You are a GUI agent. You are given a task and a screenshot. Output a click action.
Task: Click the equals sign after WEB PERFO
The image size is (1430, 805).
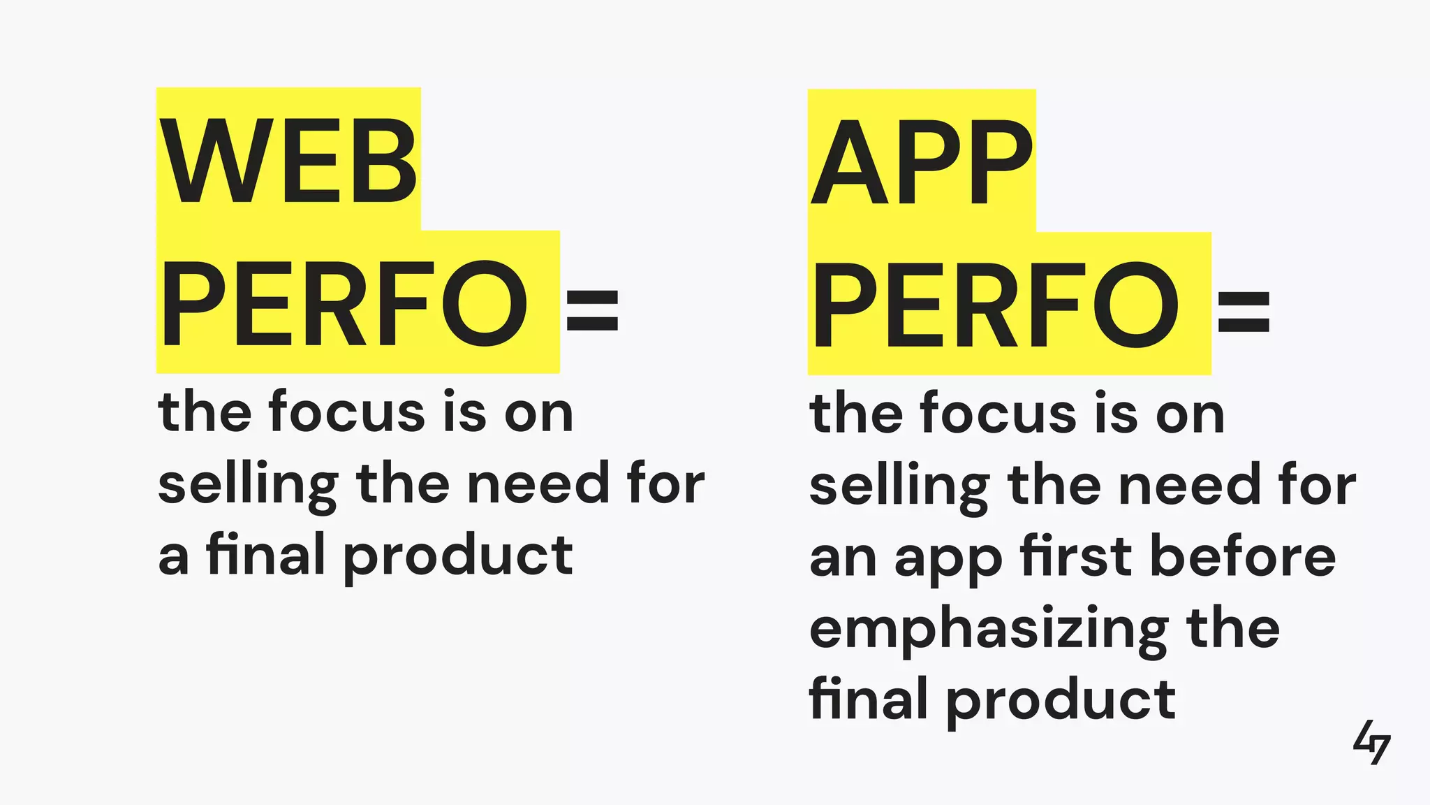point(592,311)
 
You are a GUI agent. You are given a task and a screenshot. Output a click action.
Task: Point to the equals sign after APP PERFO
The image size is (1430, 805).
point(1244,312)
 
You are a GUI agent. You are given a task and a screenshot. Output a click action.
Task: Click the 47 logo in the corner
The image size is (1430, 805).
point(1371,742)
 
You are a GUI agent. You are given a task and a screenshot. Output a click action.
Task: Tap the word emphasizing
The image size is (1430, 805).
point(989,630)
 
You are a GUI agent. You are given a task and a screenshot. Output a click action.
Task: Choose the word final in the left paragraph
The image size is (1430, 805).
point(266,554)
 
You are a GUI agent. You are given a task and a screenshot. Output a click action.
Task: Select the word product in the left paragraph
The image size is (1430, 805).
point(458,557)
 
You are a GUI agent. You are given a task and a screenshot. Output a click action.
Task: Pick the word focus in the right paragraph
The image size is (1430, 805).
point(998,414)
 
